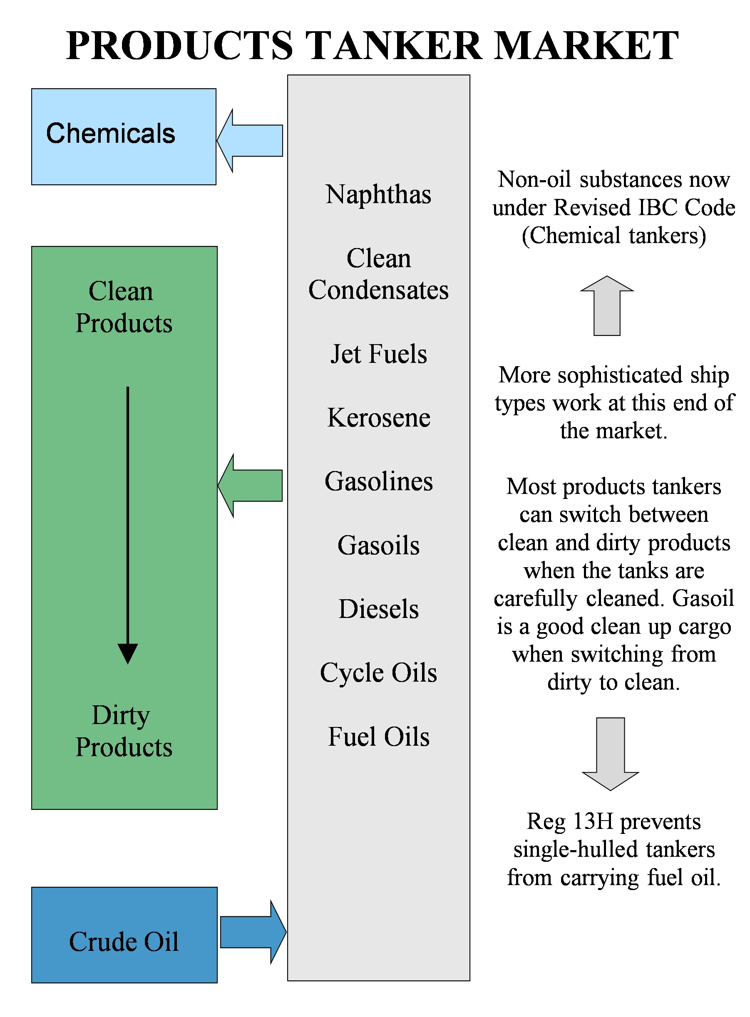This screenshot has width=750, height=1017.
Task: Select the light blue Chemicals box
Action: coord(124,136)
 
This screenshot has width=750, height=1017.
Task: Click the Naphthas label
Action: coord(378,194)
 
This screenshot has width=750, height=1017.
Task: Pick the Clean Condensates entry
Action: coord(378,274)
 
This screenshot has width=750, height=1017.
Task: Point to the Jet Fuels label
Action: coord(378,354)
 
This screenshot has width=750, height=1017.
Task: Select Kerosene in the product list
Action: coord(378,417)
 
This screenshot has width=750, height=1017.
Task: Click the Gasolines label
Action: coord(378,481)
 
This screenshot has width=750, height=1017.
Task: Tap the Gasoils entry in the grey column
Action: coord(378,545)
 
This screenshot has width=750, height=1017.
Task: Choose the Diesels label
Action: coord(378,608)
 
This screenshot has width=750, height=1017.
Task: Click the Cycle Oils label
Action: coord(378,672)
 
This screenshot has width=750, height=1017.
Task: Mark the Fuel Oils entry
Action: coord(378,736)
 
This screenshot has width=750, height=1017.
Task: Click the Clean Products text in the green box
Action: coord(124,307)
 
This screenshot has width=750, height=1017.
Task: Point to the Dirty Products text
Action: coord(124,731)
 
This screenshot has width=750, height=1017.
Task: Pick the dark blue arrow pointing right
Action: coord(252,932)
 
